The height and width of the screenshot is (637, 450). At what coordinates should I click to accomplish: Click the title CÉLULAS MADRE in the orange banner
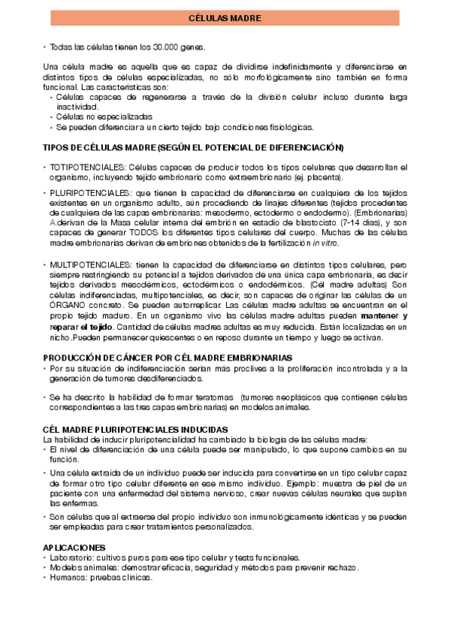[x=225, y=18]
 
